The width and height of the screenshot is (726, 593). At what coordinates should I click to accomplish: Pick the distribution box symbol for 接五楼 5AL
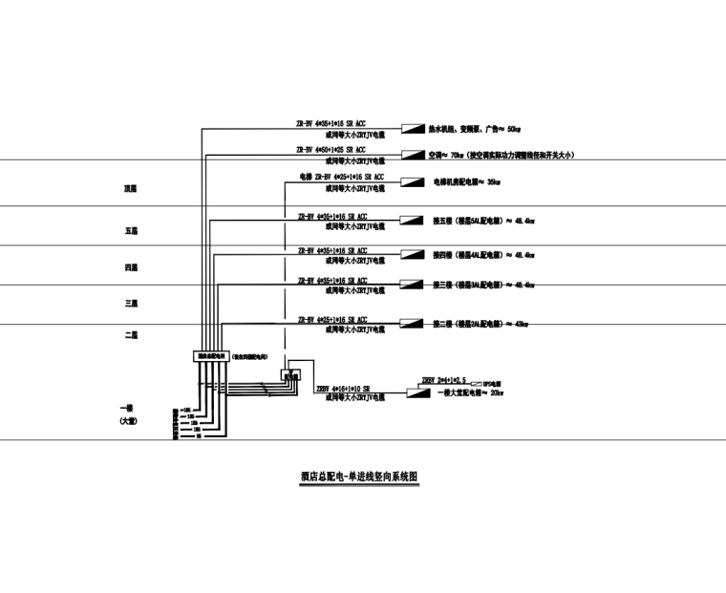[x=412, y=221]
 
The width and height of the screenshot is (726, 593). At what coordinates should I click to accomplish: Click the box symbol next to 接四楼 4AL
[x=412, y=255]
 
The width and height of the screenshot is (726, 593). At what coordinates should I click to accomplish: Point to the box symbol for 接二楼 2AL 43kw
[x=412, y=325]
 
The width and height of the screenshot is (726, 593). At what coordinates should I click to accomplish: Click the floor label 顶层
[x=130, y=190]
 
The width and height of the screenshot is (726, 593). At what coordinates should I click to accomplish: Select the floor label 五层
[x=131, y=231]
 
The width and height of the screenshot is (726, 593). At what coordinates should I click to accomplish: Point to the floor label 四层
[x=131, y=268]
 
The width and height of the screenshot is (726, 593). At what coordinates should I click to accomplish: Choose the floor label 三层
[x=131, y=304]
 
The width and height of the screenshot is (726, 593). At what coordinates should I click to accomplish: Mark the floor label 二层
[x=132, y=335]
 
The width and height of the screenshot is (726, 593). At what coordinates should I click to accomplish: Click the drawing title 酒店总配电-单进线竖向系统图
[x=360, y=475]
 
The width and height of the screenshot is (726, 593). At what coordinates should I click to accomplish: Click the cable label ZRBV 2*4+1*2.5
[x=443, y=379]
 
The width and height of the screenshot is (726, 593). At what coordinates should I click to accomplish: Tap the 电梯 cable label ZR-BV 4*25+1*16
[x=341, y=177]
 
